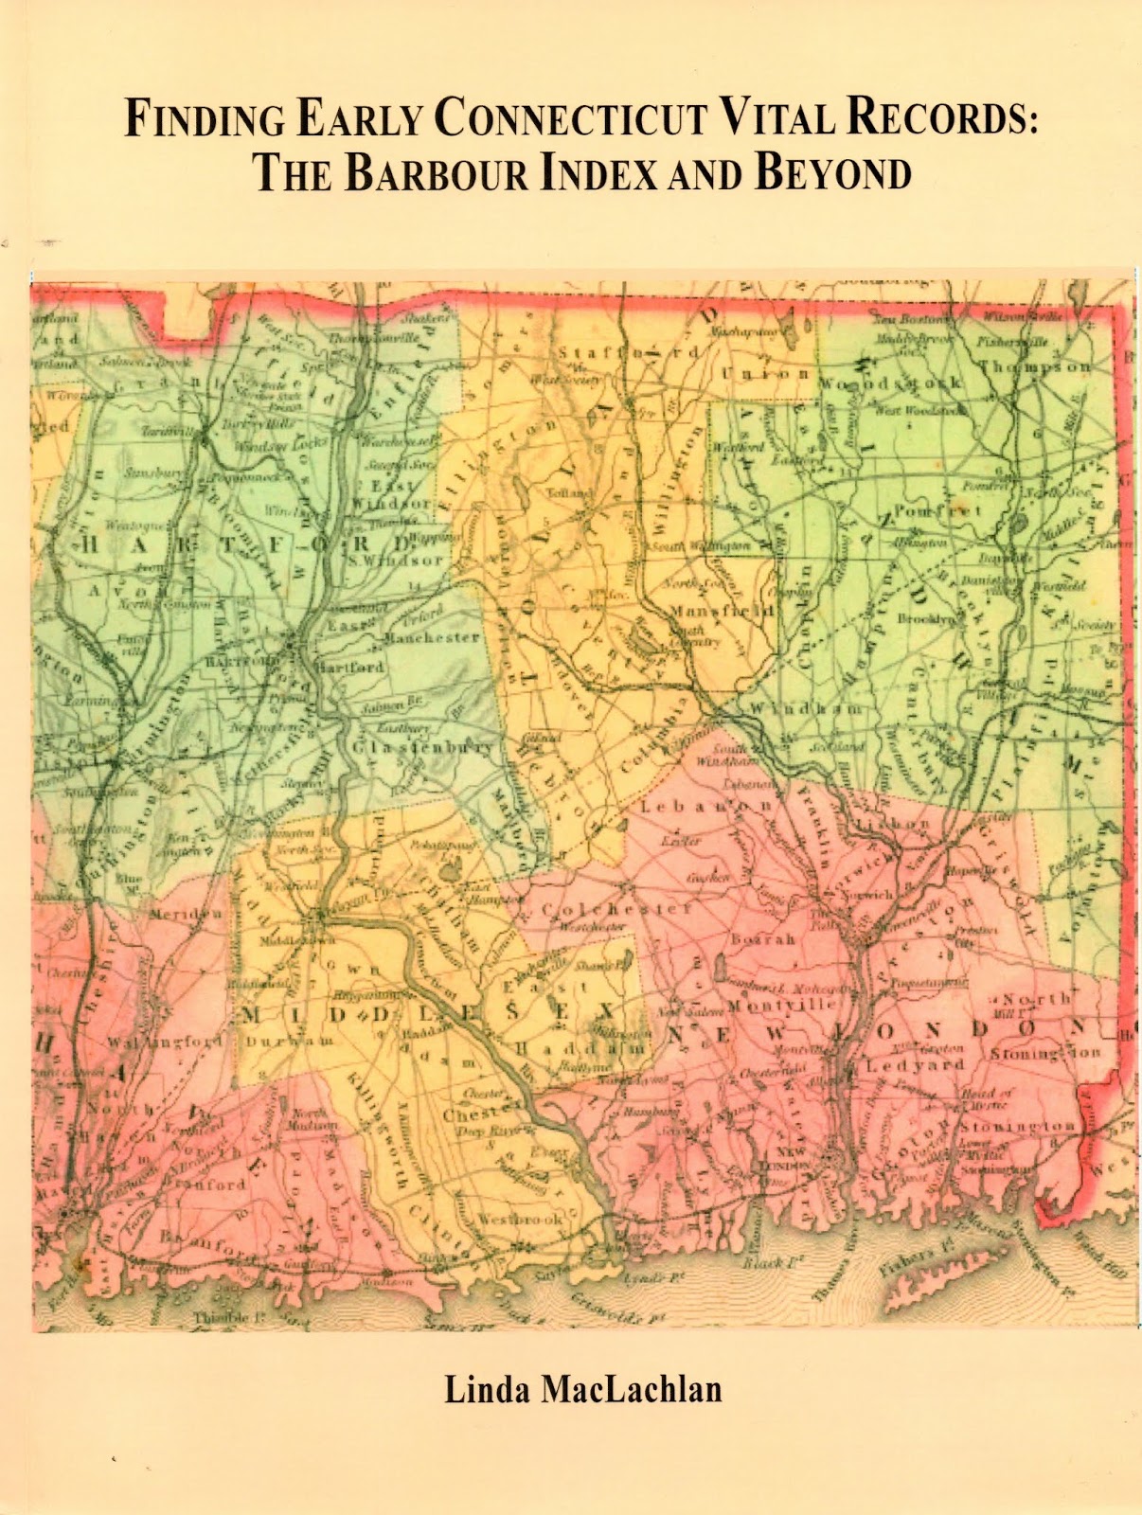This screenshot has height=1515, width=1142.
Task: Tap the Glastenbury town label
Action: click(x=423, y=748)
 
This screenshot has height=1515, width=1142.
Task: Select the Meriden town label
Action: click(x=186, y=915)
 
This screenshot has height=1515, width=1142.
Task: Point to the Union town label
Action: click(x=765, y=373)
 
